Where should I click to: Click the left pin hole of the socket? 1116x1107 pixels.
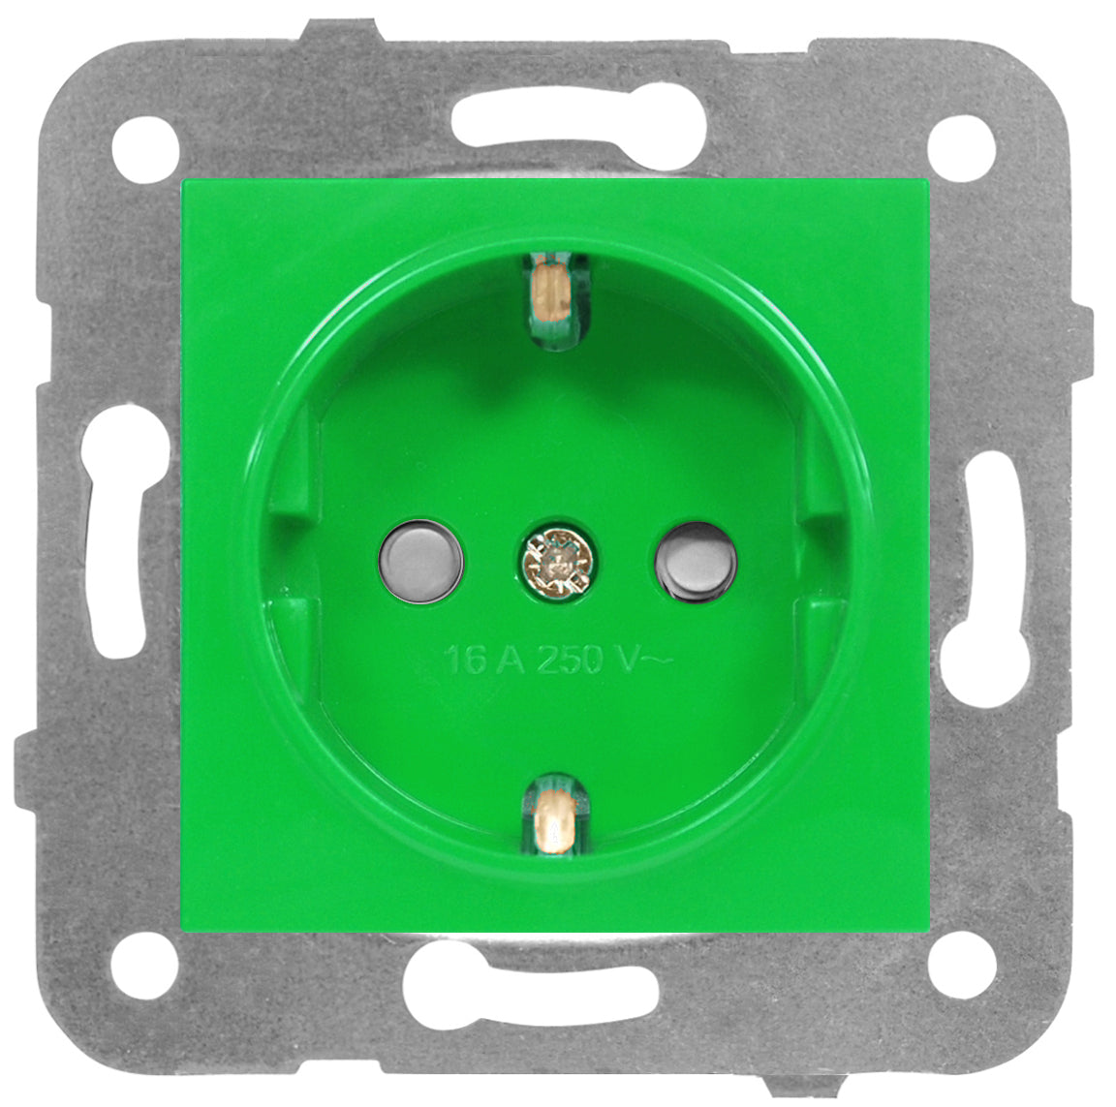pos(422,562)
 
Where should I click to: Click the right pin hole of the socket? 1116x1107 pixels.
pos(696,562)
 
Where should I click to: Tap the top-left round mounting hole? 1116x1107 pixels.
pos(145,149)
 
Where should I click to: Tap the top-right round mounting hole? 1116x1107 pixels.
pos(962,149)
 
